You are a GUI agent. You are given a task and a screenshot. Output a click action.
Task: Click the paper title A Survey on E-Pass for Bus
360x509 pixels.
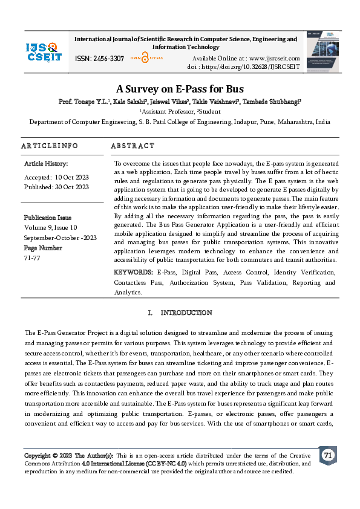pos(180,89)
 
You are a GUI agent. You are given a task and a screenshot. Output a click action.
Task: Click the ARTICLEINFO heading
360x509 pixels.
pos(50,146)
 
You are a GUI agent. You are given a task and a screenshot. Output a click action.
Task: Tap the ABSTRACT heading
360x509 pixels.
pos(133,146)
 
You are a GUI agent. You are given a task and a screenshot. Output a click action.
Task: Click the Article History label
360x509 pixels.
pos(46,164)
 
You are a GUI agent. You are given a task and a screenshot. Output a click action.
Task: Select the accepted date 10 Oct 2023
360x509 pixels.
pos(71,177)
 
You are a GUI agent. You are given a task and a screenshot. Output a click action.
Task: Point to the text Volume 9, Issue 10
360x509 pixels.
pos(51,227)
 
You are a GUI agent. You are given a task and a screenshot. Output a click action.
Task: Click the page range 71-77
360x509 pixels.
pos(32,256)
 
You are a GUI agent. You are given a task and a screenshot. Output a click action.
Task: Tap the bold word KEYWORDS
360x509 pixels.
pos(133,273)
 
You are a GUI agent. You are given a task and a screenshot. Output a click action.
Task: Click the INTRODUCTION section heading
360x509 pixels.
pos(186,313)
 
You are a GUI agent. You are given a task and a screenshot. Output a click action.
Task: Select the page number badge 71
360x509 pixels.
pos(328,455)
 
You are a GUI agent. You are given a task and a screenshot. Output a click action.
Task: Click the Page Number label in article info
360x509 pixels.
pos(43,247)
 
